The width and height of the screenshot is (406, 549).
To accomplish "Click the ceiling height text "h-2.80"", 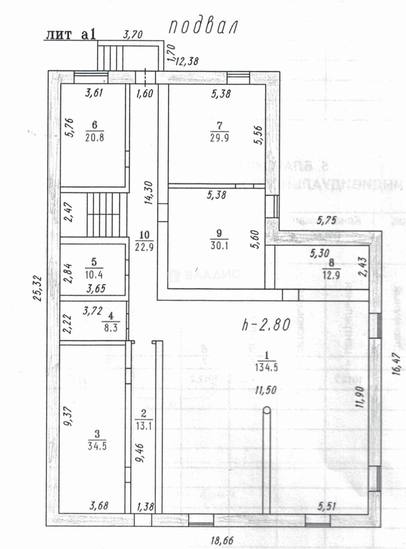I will point(265,325).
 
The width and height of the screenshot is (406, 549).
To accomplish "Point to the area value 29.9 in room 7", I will point(219,137).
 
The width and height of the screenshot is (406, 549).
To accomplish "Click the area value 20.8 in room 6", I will point(95,137).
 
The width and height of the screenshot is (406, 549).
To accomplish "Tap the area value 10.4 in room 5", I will point(93,275).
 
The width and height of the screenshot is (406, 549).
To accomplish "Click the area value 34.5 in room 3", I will point(97,445).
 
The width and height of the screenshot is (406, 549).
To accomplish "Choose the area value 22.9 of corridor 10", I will point(144,247).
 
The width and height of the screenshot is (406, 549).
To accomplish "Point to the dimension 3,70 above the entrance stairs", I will point(134,35).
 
